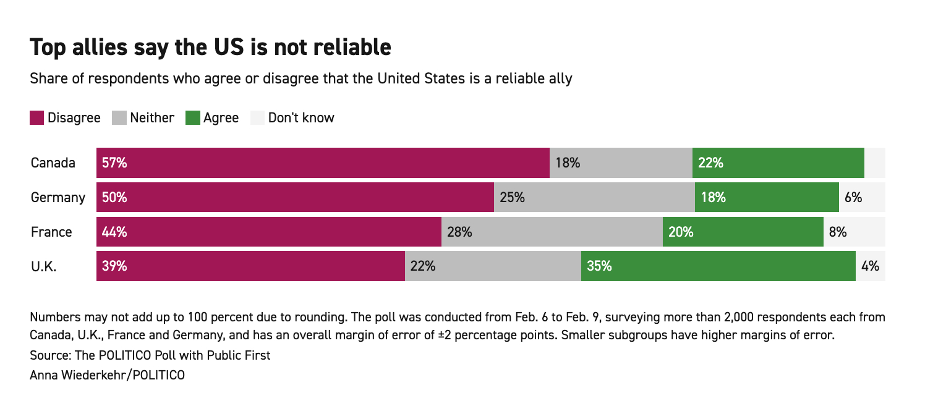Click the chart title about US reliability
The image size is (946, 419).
(x=210, y=48)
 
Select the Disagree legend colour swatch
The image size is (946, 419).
(x=37, y=117)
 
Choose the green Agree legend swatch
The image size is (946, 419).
(x=193, y=117)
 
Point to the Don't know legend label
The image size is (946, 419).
(x=301, y=117)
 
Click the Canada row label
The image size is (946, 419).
(x=53, y=163)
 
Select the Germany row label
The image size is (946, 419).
(x=58, y=198)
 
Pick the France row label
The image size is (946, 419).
(x=51, y=232)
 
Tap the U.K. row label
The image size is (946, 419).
(x=44, y=266)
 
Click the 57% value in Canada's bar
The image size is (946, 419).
(x=115, y=163)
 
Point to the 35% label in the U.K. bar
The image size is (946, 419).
(x=599, y=266)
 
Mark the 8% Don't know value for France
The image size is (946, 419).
(x=837, y=232)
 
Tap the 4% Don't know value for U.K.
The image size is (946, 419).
(x=870, y=266)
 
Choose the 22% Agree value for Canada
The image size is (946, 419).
(x=710, y=163)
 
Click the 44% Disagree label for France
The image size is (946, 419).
(x=115, y=232)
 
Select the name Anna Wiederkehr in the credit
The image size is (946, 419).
(x=77, y=375)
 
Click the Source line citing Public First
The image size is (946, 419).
(x=150, y=356)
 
